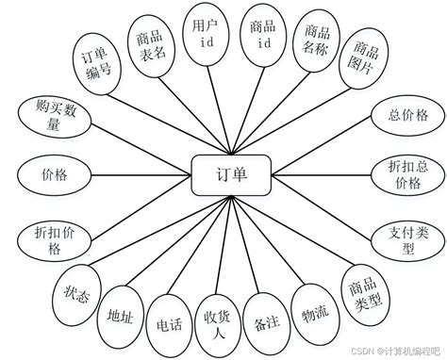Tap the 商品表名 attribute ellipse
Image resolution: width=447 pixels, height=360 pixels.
tap(151, 41)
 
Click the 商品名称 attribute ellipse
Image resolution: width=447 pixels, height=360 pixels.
tap(316, 43)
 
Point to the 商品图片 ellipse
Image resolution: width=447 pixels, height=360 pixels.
tap(363, 62)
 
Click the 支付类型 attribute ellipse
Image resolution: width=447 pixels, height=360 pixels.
tap(407, 239)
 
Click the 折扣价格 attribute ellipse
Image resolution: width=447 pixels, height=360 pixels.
tap(48, 238)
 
